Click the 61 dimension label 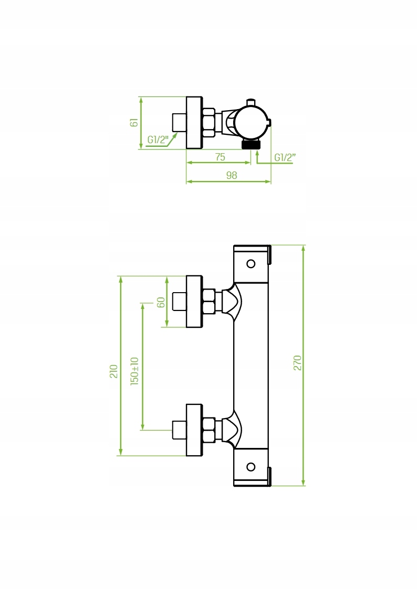coord(134,122)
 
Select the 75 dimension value coord(220,157)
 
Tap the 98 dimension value coord(232,176)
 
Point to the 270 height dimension coord(297,363)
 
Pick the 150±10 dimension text coord(135,371)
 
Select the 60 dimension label coord(161,302)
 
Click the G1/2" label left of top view coord(157,140)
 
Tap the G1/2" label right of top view coord(285,157)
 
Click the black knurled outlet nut coord(251,144)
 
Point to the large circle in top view coord(251,122)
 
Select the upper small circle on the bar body coord(251,263)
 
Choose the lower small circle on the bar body coord(251,466)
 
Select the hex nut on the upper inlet coord(208,301)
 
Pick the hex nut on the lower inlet coord(208,430)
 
